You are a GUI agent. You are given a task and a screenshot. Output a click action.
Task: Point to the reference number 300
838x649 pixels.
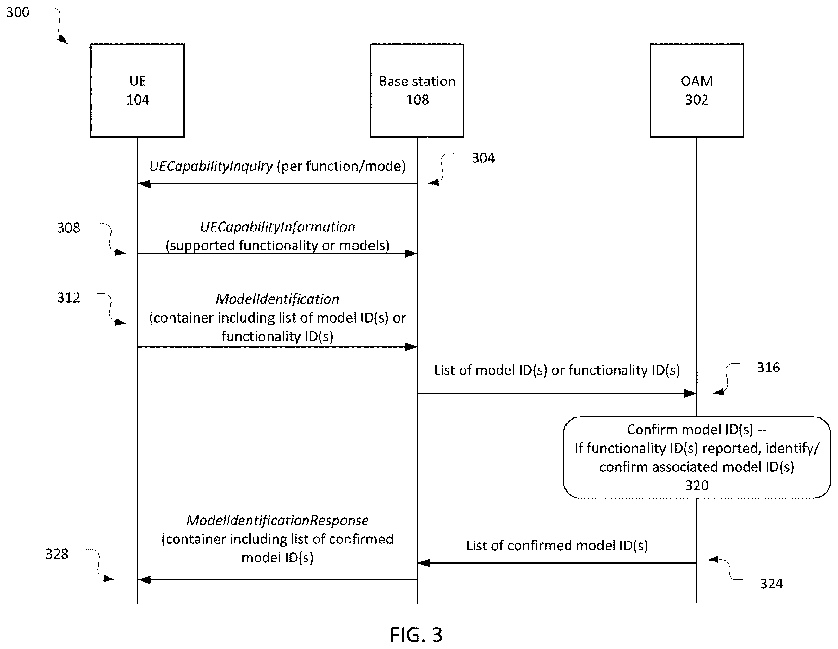18,12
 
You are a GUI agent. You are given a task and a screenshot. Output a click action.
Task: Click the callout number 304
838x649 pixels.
483,157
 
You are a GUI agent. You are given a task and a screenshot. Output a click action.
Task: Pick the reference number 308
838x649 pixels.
69,228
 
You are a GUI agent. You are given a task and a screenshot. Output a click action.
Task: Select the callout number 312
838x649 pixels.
69,298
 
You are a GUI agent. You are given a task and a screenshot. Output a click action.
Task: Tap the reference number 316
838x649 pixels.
768,368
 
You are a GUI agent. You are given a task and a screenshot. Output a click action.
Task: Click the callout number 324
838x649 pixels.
772,584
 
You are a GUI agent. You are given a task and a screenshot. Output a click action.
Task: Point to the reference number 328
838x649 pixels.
57,554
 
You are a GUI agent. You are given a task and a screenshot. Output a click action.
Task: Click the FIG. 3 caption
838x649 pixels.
416,635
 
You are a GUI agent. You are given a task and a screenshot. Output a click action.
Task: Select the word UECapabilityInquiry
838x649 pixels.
211,166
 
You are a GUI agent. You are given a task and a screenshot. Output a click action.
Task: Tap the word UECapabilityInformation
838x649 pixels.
277,227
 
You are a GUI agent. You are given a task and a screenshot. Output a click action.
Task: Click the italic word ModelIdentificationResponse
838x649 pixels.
277,521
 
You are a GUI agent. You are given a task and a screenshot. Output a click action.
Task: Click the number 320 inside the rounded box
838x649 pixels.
697,486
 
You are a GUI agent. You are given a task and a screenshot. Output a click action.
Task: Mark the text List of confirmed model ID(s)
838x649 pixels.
557,546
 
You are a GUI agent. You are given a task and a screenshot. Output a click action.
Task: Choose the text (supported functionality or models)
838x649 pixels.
277,245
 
